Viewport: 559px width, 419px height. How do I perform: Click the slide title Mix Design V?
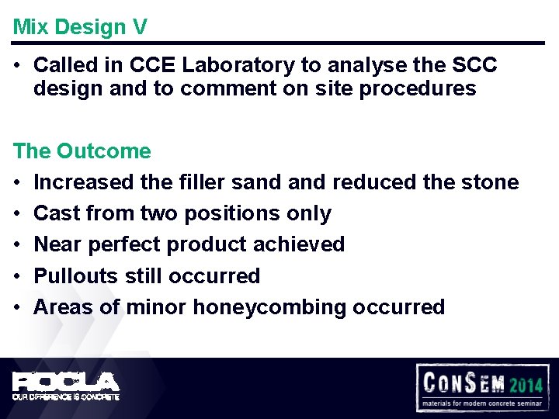[80, 27]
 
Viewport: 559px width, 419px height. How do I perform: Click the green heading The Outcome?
[82, 151]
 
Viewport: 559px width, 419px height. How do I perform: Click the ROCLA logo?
[66, 382]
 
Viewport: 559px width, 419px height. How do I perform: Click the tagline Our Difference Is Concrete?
[66, 396]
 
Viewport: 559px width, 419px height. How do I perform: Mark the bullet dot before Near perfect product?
[17, 244]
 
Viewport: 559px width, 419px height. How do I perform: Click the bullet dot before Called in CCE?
[17, 65]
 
